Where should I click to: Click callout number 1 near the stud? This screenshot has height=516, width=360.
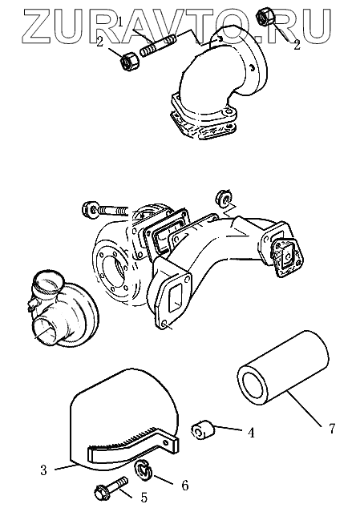(120, 22)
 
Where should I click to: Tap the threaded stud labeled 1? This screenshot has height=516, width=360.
(159, 46)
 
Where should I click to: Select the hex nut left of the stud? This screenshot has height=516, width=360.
(131, 61)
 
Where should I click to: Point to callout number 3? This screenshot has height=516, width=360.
(43, 470)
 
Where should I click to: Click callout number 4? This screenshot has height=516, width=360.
(251, 433)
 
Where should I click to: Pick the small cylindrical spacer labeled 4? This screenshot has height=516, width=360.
(203, 429)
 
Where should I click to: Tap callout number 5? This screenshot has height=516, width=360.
(144, 498)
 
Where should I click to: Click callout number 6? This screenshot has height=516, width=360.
(184, 485)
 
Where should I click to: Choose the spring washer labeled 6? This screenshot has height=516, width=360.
(144, 470)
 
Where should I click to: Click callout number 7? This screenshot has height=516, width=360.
(331, 428)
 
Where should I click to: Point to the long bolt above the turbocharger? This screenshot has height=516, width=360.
(105, 210)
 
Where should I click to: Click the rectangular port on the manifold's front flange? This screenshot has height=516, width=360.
(173, 296)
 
